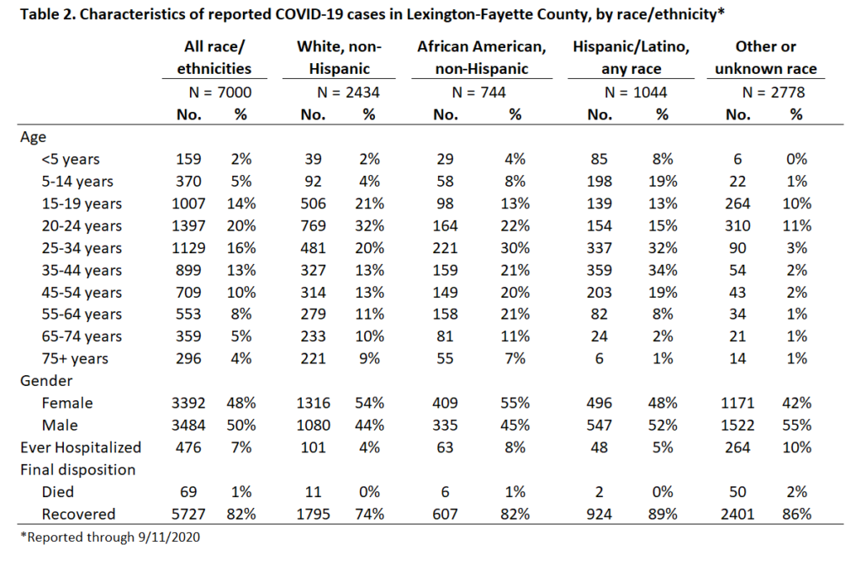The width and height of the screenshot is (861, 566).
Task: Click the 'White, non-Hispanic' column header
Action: click(x=339, y=58)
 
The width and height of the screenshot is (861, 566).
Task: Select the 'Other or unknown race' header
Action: click(x=765, y=58)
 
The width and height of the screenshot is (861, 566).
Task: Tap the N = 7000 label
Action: click(x=219, y=93)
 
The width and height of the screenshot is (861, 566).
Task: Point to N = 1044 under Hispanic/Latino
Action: click(x=636, y=93)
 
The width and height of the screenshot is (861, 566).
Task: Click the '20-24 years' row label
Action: click(x=82, y=226)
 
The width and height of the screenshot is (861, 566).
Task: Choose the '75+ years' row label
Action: click(x=75, y=359)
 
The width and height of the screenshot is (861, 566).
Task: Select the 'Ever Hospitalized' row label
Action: click(x=81, y=447)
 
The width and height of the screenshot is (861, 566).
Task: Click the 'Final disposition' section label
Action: click(x=78, y=470)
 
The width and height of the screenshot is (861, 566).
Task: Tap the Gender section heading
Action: click(x=46, y=381)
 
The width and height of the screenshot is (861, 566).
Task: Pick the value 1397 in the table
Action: click(x=188, y=225)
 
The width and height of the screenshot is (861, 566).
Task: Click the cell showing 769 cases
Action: click(x=313, y=225)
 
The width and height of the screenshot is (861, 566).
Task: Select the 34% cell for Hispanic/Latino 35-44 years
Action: click(x=663, y=270)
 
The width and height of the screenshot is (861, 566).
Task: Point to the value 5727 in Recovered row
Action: click(x=188, y=515)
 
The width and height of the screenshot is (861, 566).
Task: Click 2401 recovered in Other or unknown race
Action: click(x=737, y=515)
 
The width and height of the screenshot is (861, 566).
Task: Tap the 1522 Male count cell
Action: click(x=737, y=426)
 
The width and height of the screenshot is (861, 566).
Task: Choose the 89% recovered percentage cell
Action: click(x=663, y=515)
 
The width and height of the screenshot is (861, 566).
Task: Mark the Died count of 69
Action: click(x=188, y=492)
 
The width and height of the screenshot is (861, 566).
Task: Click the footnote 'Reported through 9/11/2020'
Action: click(x=110, y=537)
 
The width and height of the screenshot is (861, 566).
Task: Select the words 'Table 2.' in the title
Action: click(x=48, y=13)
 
